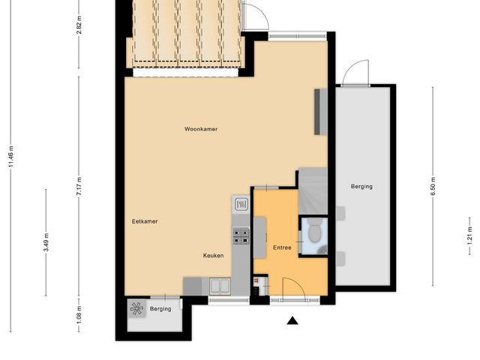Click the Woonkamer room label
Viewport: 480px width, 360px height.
tap(201, 129)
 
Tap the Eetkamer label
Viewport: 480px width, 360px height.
tap(145, 221)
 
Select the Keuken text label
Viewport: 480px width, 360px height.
tap(213, 255)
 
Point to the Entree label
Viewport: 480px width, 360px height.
tap(282, 247)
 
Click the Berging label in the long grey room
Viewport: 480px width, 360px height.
tap(361, 187)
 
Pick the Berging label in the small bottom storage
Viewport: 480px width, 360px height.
tap(160, 309)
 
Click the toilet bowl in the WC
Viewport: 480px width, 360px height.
tap(314, 233)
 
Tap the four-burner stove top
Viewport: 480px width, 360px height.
tap(241, 236)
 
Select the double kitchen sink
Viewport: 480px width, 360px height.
tap(220, 286)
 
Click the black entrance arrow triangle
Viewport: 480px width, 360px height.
tap(292, 320)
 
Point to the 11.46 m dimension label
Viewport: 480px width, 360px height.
tap(11, 157)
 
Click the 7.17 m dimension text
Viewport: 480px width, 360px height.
tap(79, 187)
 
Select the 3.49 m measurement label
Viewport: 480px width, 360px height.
tap(46, 242)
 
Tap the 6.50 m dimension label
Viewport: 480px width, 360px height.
tap(433, 187)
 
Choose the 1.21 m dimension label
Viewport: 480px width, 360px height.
tap(470, 235)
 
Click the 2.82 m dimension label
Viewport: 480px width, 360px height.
tap(79, 24)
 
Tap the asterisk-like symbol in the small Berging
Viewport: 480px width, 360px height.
tap(136, 308)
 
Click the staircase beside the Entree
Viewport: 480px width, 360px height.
tap(313, 191)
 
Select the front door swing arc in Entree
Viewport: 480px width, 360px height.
tap(298, 283)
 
